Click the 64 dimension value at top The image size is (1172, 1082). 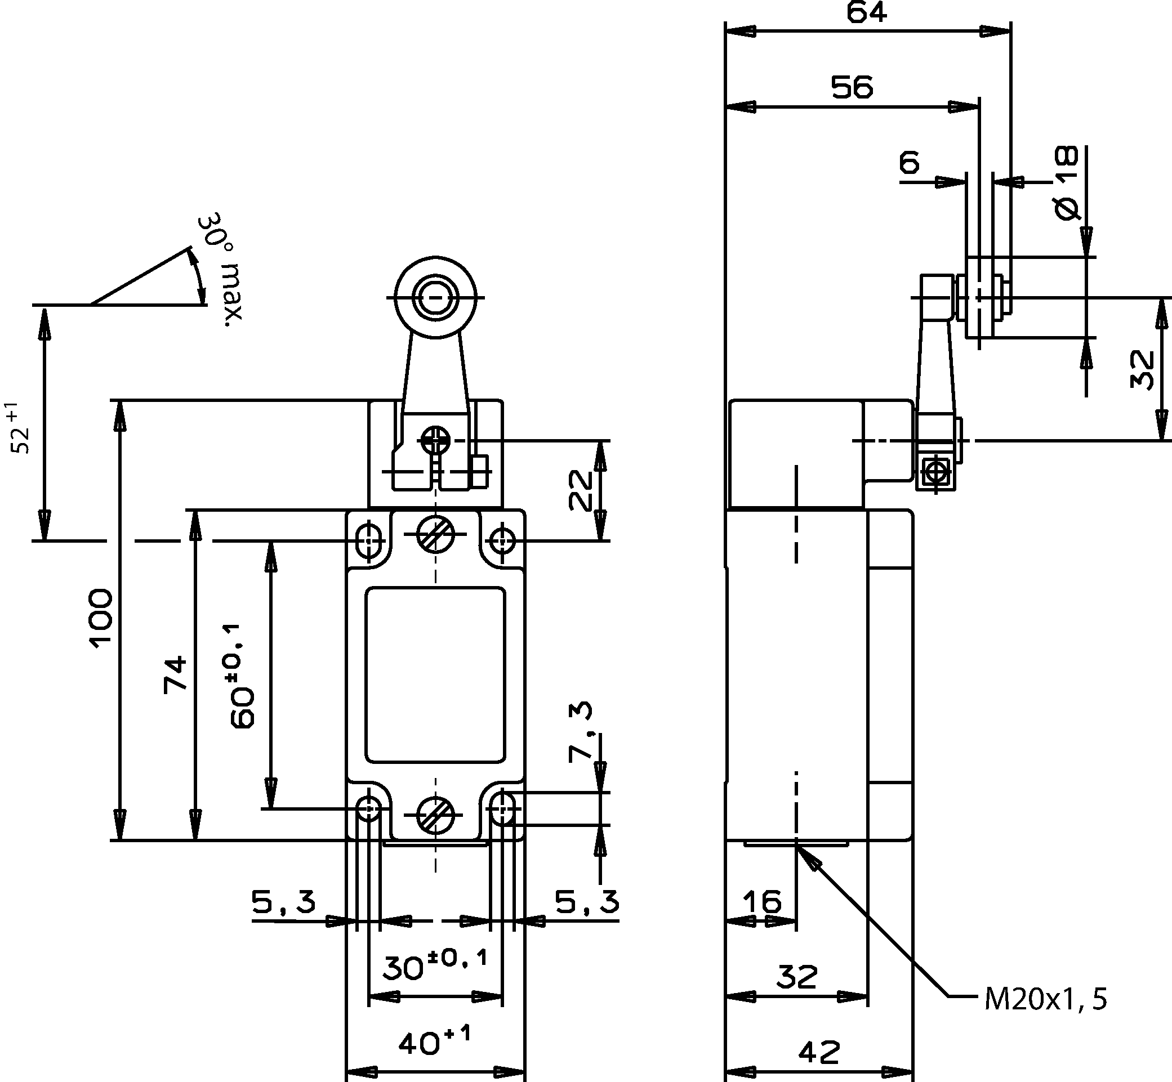point(866,13)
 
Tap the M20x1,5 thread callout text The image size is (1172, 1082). point(1045,999)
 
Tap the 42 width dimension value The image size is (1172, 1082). point(819,1052)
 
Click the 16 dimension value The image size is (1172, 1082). point(762,901)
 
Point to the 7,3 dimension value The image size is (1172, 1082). point(581,732)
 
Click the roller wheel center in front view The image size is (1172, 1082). point(435,297)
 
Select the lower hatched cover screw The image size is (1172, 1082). point(435,815)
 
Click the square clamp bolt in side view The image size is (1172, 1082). point(937,471)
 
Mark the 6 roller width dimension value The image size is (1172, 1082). point(909,162)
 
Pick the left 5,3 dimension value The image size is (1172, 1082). point(283,901)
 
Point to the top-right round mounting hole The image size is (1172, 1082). point(502,539)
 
